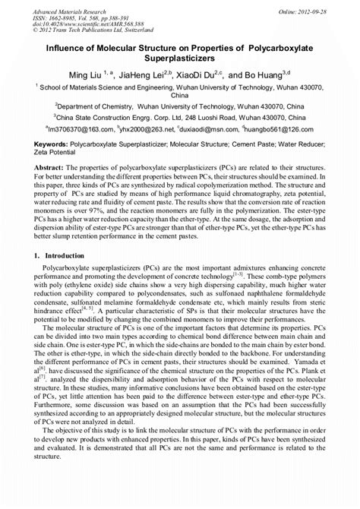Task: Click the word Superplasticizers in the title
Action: (180, 57)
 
